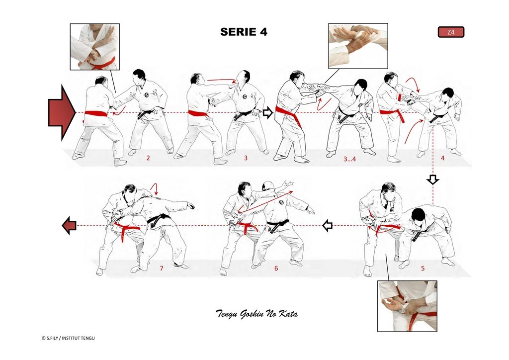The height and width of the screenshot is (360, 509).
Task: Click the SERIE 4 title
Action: (x=244, y=32)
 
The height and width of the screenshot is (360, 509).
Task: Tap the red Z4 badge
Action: (x=451, y=32)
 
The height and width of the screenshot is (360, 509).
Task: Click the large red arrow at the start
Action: (x=62, y=112)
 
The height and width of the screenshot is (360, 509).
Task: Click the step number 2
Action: (x=148, y=158)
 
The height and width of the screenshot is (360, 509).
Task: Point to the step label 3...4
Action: (x=349, y=159)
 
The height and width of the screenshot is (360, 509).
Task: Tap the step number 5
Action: (x=423, y=268)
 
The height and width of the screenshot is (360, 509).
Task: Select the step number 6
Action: (x=276, y=268)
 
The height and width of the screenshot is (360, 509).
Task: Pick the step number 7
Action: (x=162, y=268)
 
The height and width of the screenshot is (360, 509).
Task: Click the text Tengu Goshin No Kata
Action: (x=257, y=314)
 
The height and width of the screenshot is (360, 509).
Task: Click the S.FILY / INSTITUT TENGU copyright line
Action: (x=68, y=338)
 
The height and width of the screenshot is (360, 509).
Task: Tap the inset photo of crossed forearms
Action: (x=95, y=47)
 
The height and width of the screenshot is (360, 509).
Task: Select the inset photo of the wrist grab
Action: (x=358, y=46)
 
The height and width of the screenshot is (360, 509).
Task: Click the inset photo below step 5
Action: (x=407, y=306)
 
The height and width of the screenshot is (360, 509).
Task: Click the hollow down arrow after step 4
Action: (x=433, y=180)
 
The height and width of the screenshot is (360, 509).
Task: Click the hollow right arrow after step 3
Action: (x=267, y=113)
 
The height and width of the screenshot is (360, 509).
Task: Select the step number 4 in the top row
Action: (x=442, y=158)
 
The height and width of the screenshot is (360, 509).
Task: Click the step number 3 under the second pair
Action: (x=246, y=158)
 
